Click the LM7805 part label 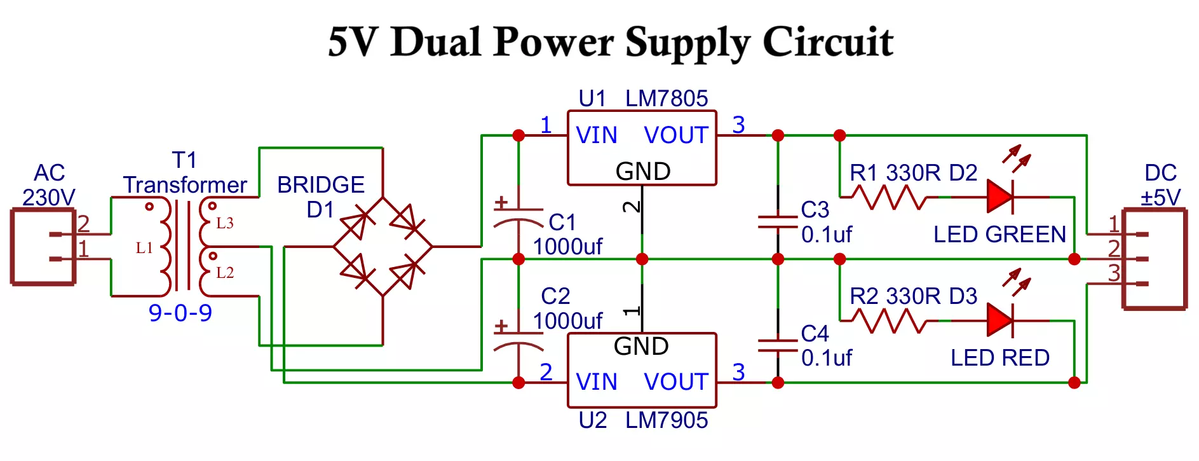pyautogui.click(x=666, y=99)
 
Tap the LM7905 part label pyautogui.click(x=666, y=420)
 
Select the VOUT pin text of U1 pyautogui.click(x=675, y=135)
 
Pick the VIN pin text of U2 pyautogui.click(x=596, y=382)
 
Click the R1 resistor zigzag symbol pyautogui.click(x=888, y=197)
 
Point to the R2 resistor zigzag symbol pyautogui.click(x=888, y=321)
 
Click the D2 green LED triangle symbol pyautogui.click(x=999, y=197)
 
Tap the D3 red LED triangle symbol pyautogui.click(x=999, y=320)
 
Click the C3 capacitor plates pyautogui.click(x=778, y=222)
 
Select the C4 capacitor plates pyautogui.click(x=778, y=346)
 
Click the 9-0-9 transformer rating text pyautogui.click(x=180, y=313)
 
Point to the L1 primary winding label pyautogui.click(x=144, y=248)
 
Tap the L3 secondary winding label pyautogui.click(x=225, y=223)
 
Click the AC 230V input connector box pyautogui.click(x=43, y=247)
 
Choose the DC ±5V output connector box pyautogui.click(x=1155, y=259)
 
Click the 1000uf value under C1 pyautogui.click(x=567, y=247)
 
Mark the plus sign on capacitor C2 pyautogui.click(x=501, y=326)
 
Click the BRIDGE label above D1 pyautogui.click(x=321, y=185)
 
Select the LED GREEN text pyautogui.click(x=999, y=235)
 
